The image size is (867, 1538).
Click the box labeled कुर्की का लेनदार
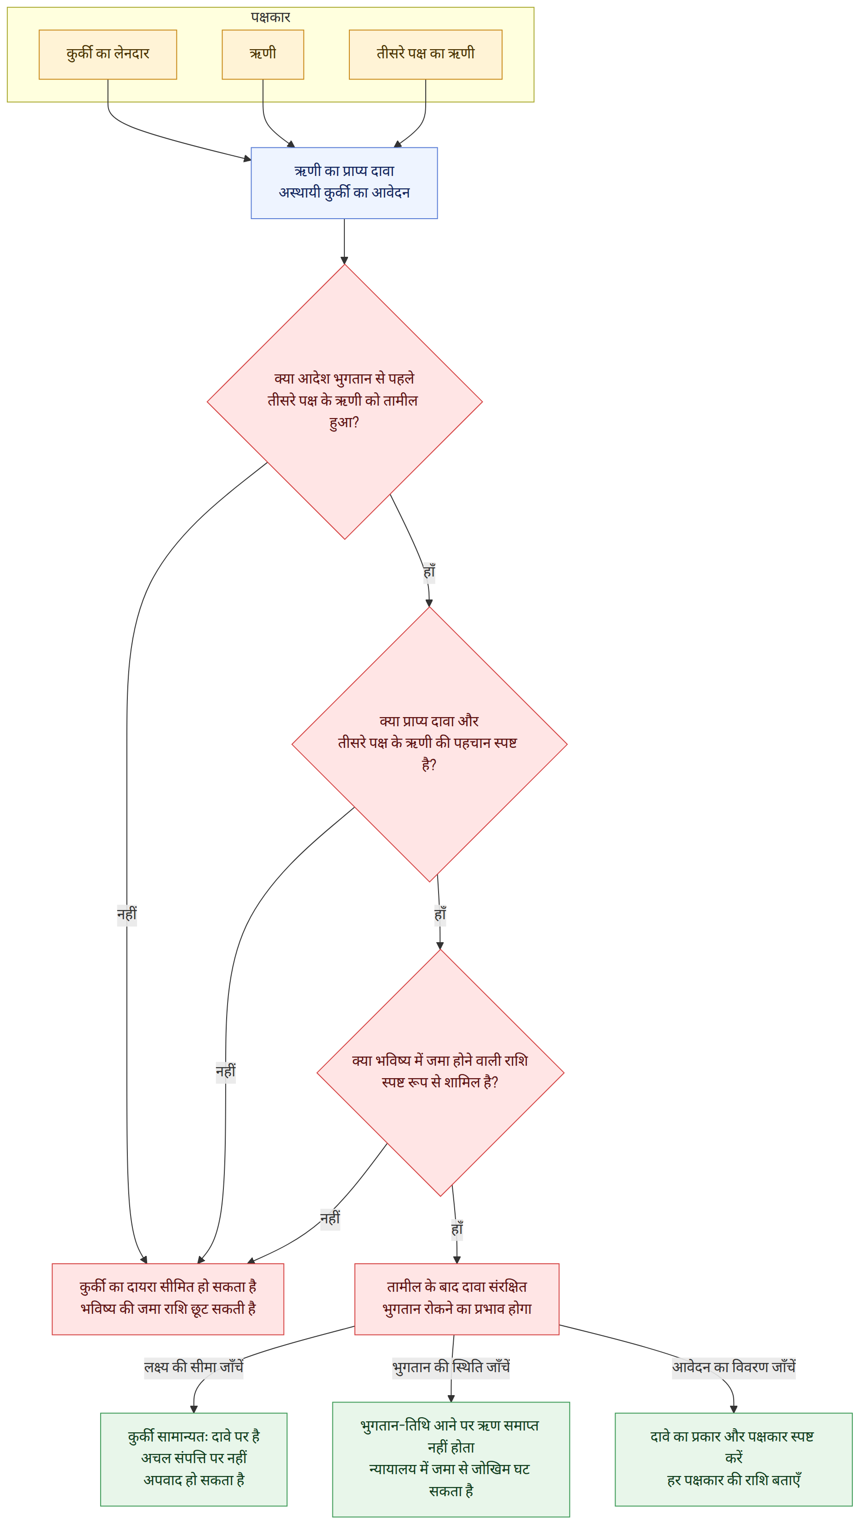click(108, 54)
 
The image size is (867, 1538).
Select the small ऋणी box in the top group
click(263, 54)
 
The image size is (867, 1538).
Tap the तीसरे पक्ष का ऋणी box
click(425, 54)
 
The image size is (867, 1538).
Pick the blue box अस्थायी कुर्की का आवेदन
click(344, 183)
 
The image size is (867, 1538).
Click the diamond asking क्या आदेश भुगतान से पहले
click(345, 401)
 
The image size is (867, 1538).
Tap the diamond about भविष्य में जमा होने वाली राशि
click(440, 1072)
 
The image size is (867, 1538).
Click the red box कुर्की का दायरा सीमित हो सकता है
click(168, 1299)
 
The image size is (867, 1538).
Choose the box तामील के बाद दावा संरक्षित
click(457, 1299)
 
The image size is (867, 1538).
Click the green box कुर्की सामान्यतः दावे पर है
click(194, 1459)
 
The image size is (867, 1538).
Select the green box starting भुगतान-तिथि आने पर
click(451, 1459)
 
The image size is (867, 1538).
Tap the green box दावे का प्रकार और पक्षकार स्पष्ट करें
click(734, 1459)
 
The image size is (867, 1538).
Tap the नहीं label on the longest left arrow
click(127, 915)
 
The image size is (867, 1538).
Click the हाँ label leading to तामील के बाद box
click(457, 1230)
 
